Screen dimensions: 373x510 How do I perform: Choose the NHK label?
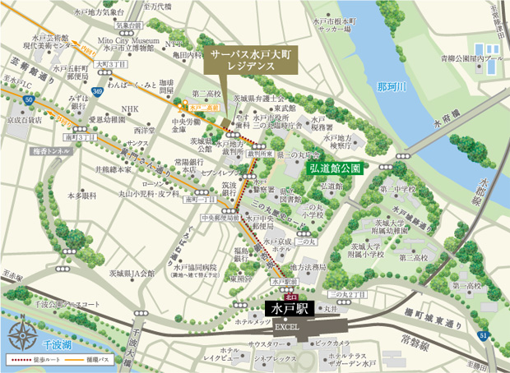[130, 108]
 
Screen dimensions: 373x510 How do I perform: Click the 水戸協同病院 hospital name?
[194, 267]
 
